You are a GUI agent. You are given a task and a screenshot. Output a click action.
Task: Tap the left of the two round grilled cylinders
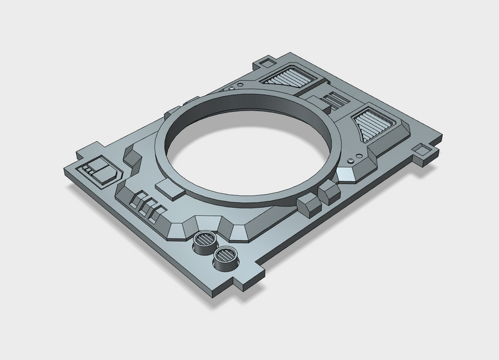(205, 240)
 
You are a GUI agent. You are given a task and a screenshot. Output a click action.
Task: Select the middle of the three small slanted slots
(143, 206)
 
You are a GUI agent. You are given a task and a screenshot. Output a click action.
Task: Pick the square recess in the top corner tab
(267, 62)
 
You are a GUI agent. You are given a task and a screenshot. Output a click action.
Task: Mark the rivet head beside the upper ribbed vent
(232, 88)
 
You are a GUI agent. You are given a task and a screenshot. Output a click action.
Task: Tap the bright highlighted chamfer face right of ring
(344, 175)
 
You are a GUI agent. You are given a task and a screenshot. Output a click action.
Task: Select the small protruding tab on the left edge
(83, 152)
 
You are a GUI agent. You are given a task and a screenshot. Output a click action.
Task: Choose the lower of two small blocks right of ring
(308, 203)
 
